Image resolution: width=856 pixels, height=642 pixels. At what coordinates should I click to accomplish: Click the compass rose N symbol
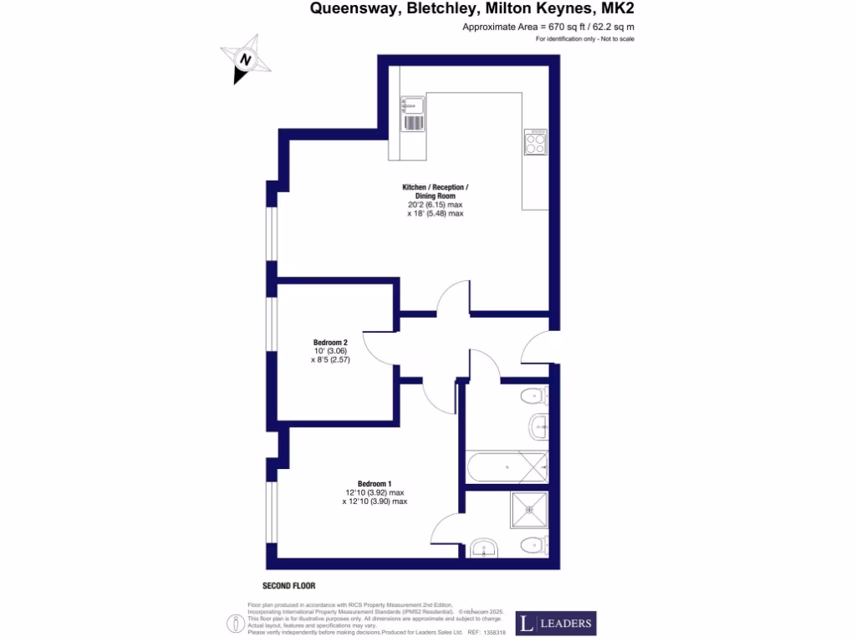pyautogui.click(x=244, y=60)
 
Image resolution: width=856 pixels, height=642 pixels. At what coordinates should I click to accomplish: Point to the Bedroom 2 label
pyautogui.click(x=330, y=342)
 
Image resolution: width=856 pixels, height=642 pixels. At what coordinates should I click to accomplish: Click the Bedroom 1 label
pyautogui.click(x=374, y=484)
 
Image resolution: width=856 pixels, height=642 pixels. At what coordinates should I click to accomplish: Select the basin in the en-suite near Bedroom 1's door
pyautogui.click(x=483, y=548)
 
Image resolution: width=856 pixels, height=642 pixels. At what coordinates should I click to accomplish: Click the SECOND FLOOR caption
pyautogui.click(x=288, y=586)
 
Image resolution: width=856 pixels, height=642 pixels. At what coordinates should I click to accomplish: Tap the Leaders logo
pyautogui.click(x=555, y=623)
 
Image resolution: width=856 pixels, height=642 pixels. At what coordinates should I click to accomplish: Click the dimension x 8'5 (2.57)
pyautogui.click(x=330, y=360)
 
